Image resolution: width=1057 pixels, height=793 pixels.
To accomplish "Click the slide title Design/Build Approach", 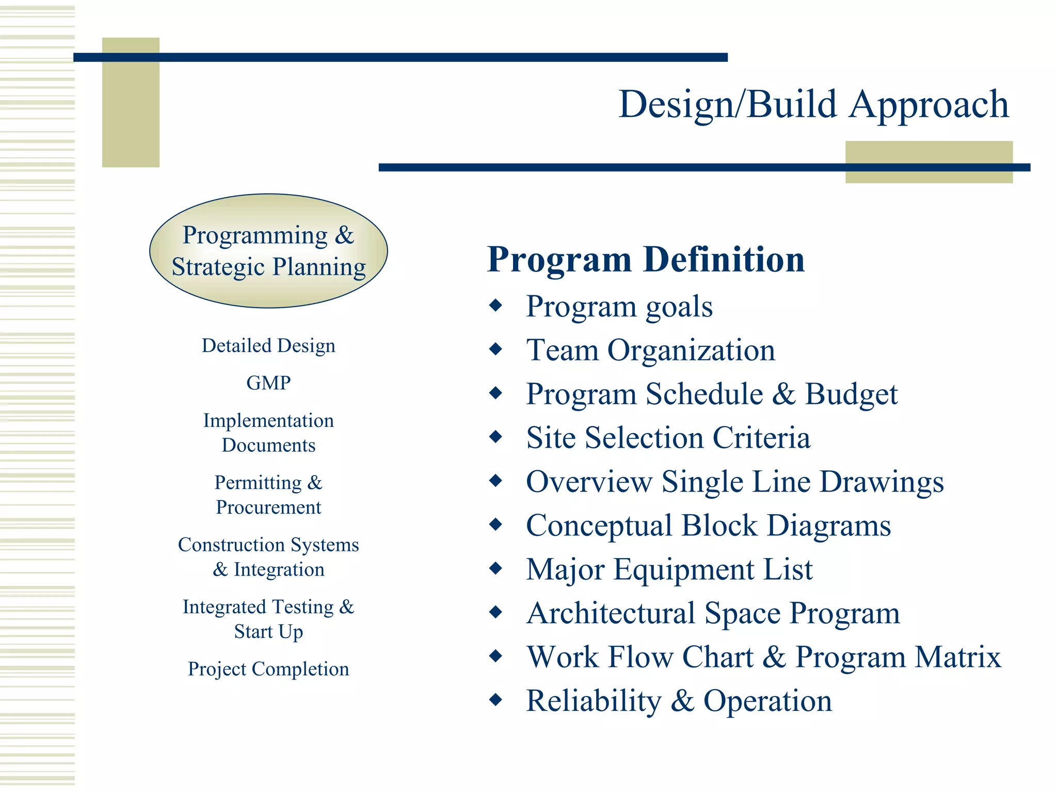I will point(813,105).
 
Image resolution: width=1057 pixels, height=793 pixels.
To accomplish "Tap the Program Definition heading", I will point(646,259).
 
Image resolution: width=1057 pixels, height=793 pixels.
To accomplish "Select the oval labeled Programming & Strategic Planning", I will point(268,251).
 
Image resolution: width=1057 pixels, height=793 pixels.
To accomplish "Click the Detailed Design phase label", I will point(268,345).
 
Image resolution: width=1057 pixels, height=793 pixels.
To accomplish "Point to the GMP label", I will point(268,383).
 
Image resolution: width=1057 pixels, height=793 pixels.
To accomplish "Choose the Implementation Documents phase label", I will point(268,433).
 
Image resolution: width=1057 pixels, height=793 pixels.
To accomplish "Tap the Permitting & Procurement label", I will point(268,495).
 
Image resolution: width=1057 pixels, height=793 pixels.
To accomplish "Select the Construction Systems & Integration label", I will point(268,557).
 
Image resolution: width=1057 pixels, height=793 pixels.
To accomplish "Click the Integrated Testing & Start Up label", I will point(268,618).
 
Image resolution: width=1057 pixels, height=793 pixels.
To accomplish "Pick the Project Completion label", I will point(268,669).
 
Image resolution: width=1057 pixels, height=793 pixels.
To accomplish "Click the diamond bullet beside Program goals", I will point(496,306).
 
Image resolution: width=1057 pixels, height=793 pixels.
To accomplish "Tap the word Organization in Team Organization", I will point(691,351).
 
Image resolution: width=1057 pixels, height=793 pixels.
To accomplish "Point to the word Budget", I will point(851,395).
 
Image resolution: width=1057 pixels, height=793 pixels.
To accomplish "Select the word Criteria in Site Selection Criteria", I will point(761,438).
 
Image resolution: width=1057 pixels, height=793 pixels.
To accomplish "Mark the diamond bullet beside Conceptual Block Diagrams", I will point(496,525).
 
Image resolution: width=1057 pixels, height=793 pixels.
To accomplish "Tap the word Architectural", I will point(611,613).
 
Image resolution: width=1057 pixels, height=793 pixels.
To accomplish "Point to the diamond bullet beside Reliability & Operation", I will point(496,700).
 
